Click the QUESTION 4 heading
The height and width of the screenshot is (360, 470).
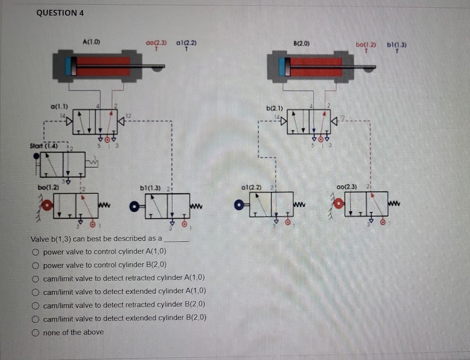point(60,13)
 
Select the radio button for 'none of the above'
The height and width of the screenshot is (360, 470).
point(36,333)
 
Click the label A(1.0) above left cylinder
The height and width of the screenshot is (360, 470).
point(91,42)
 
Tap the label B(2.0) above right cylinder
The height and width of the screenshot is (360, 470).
point(301,43)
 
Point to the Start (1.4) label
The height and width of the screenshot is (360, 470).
point(44,146)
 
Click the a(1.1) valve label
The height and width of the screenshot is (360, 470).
point(59,107)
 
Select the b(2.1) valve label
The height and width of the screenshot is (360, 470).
point(274,108)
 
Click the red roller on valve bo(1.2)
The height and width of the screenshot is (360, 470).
point(47,205)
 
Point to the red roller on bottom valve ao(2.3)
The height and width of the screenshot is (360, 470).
point(339,203)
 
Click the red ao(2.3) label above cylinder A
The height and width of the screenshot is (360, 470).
point(156,43)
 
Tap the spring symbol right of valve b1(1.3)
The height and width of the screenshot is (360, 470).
point(196,206)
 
